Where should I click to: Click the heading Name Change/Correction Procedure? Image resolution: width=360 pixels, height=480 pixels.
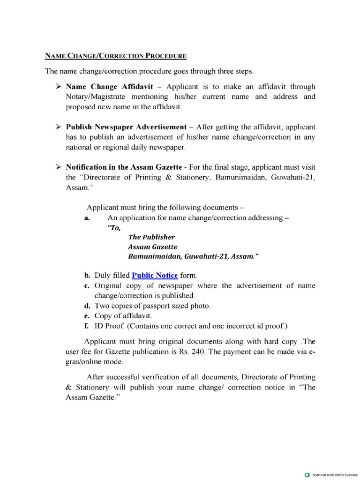[x=115, y=56]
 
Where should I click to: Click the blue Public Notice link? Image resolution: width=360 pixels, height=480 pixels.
[x=154, y=276]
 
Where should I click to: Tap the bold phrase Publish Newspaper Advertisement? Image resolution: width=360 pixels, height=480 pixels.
[x=126, y=127]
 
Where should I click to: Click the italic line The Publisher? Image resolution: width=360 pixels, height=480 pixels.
[x=151, y=237]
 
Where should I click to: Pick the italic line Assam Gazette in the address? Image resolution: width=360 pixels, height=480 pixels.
[x=153, y=247]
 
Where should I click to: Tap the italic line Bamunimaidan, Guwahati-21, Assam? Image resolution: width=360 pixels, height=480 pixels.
[x=193, y=257]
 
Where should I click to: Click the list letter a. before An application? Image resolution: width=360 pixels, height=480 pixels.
[x=87, y=218]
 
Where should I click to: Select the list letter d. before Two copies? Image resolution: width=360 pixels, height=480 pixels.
[x=87, y=306]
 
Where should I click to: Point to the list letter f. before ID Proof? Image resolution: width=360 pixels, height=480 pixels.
[x=87, y=326]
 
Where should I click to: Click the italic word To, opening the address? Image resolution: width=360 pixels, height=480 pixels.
[x=114, y=228]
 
